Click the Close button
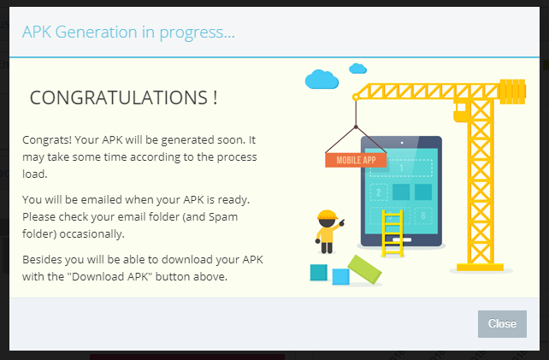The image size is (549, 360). (502, 323)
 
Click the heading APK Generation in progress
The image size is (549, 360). (128, 32)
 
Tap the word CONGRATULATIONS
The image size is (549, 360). (118, 97)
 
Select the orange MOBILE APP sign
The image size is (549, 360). (356, 160)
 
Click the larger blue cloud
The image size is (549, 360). (322, 80)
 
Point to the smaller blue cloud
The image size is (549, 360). (357, 68)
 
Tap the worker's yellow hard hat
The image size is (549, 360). (327, 215)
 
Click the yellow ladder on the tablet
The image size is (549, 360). (393, 233)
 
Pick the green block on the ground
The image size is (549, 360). (364, 269)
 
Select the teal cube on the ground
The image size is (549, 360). (319, 273)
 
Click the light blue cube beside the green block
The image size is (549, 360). (340, 277)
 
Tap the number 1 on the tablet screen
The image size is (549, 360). (401, 168)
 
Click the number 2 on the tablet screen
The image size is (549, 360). (379, 192)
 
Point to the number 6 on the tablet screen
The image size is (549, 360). (423, 215)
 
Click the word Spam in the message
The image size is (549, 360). (223, 217)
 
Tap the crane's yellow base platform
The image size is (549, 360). (480, 268)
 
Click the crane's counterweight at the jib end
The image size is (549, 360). (512, 91)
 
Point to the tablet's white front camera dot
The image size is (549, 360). (402, 143)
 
